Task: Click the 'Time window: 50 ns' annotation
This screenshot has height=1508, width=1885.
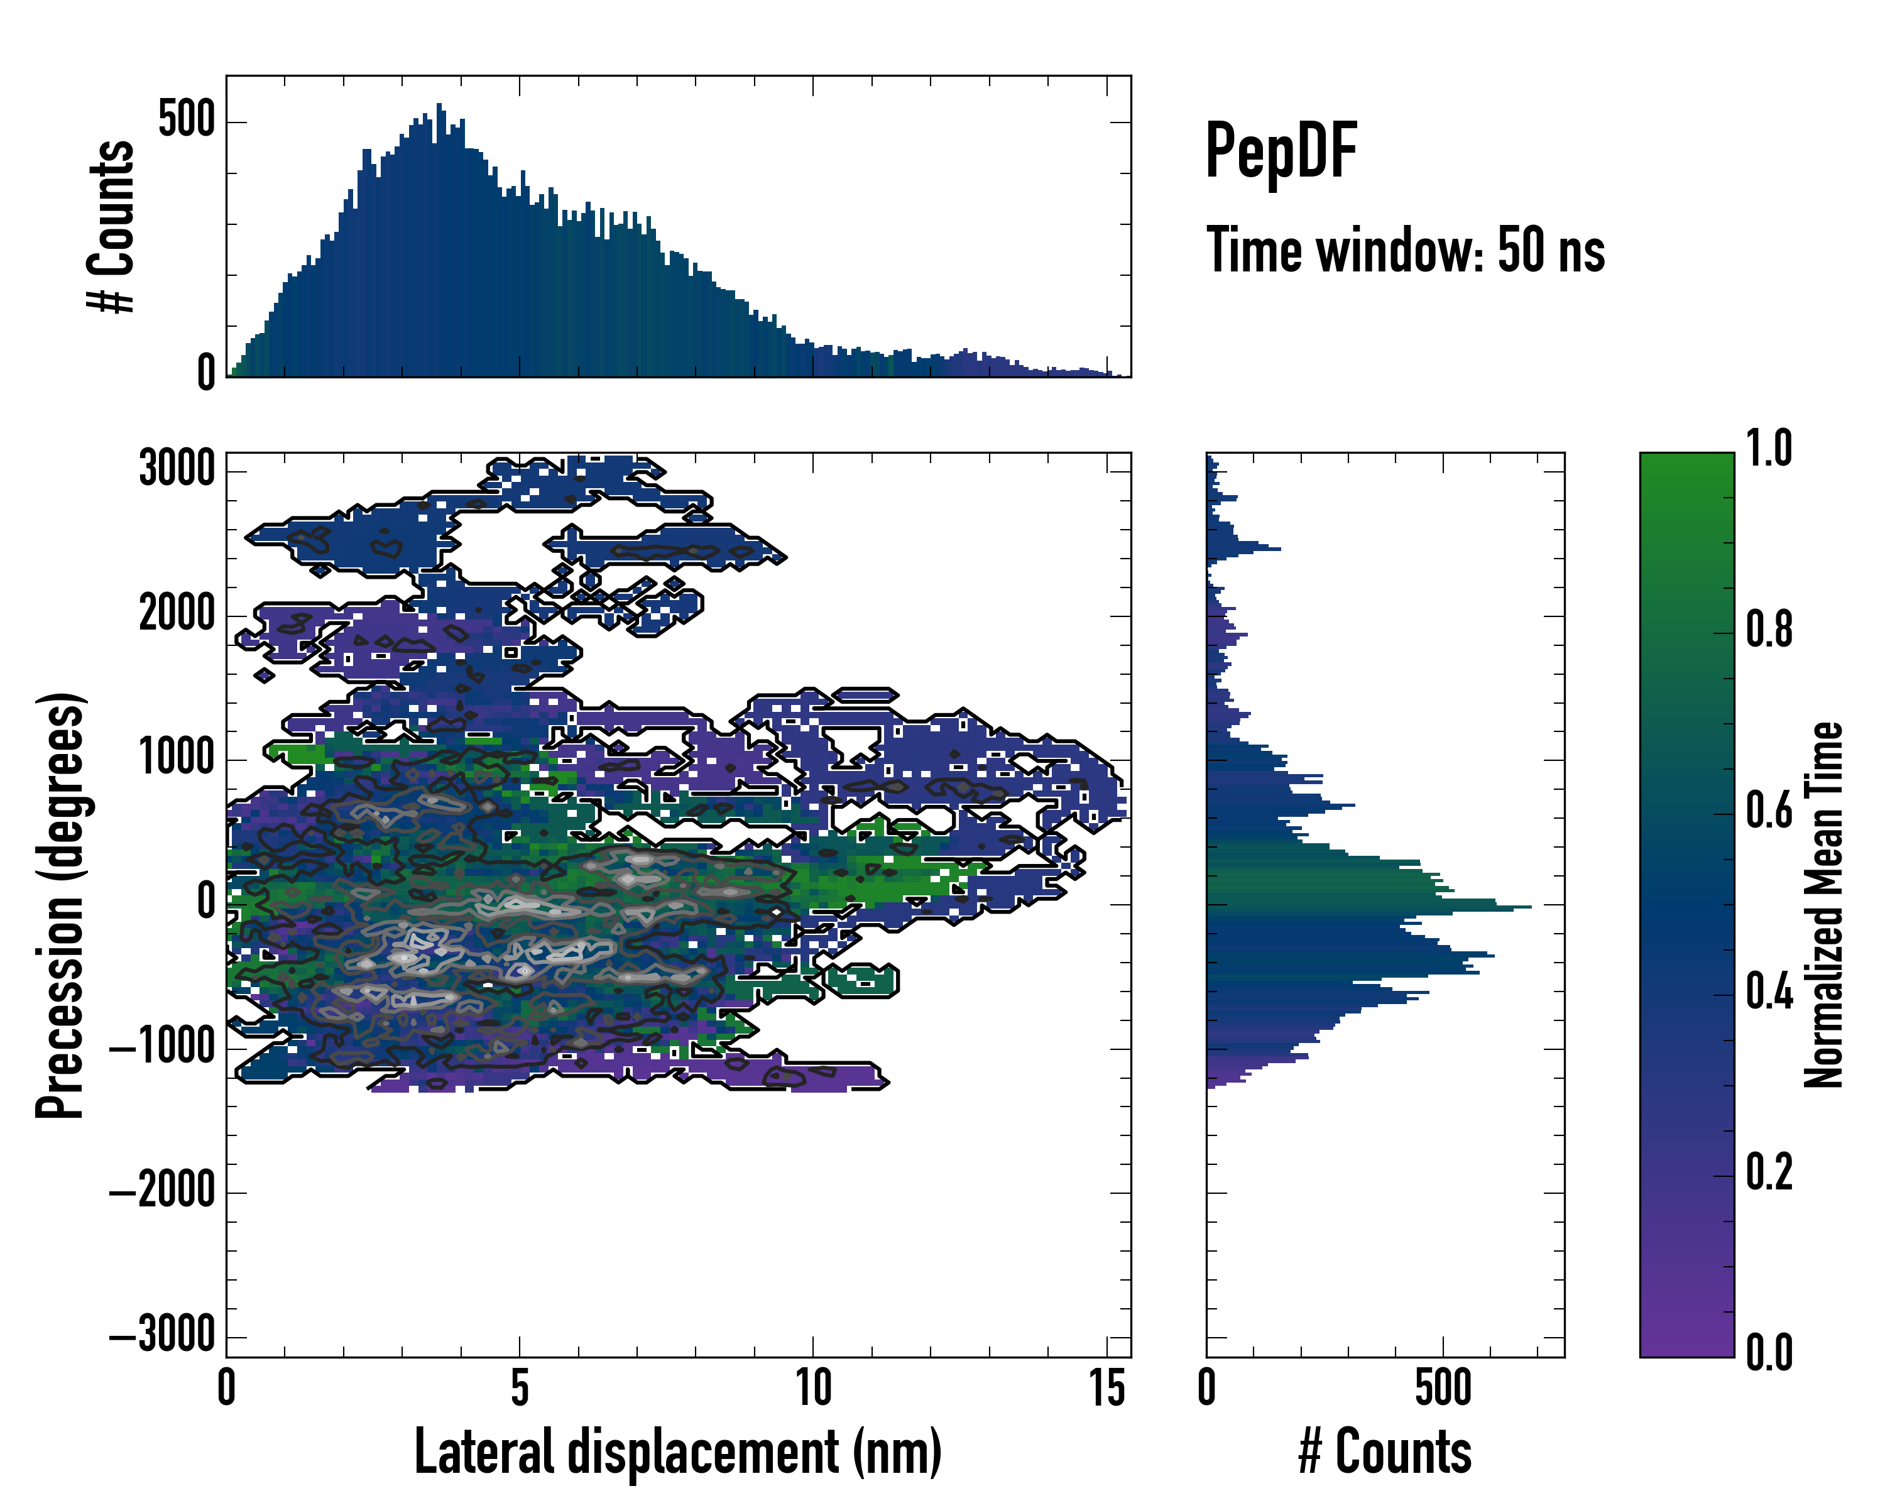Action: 1405,251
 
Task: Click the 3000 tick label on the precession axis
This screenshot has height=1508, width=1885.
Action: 177,471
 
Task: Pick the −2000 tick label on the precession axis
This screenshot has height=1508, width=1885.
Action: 163,1191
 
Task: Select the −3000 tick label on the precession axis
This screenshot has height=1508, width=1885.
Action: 163,1336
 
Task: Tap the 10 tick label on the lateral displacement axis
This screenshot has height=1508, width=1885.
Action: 813,1388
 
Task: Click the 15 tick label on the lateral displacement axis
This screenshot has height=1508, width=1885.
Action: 1107,1388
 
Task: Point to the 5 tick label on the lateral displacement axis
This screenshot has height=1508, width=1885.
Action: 520,1388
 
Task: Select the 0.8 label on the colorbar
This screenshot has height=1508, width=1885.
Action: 1769,630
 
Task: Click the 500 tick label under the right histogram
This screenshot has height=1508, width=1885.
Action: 1443,1388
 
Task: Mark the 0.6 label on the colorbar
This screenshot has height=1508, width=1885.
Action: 1769,811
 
